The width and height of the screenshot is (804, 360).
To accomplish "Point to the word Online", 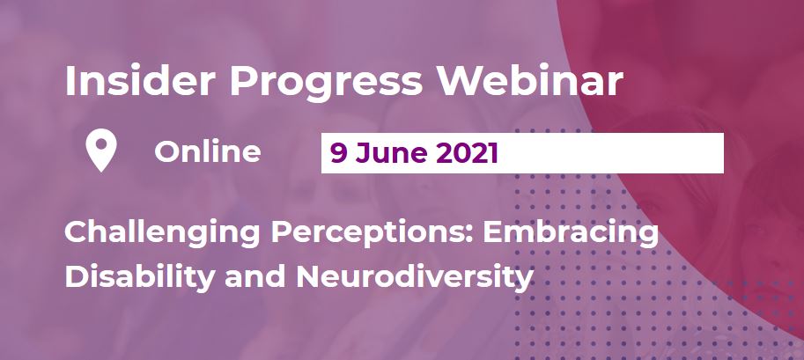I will [208, 152].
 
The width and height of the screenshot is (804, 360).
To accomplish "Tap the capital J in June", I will [363, 154].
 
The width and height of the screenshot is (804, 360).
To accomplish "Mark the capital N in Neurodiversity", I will [310, 276].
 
